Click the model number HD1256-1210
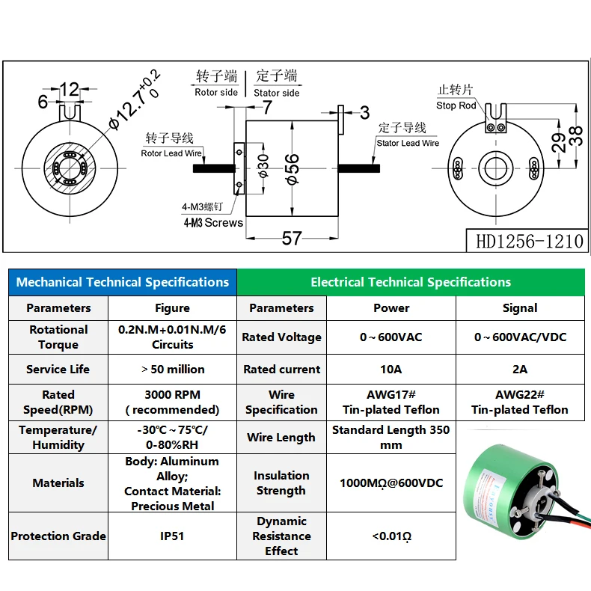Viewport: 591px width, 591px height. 529,241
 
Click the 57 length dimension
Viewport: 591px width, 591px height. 291,238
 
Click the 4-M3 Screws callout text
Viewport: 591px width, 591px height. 213,222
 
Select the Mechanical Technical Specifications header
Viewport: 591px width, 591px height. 123,282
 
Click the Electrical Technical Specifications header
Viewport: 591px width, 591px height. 411,282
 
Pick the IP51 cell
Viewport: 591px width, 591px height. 172,536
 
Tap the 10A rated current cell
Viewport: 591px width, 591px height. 391,369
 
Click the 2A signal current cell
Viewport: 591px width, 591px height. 520,369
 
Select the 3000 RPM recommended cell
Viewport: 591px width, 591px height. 172,402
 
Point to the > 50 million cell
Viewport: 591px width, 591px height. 172,369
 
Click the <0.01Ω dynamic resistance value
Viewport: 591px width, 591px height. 391,536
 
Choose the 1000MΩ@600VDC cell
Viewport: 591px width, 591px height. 391,483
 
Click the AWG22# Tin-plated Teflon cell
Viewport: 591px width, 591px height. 520,402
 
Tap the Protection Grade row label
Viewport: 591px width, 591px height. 58,536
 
